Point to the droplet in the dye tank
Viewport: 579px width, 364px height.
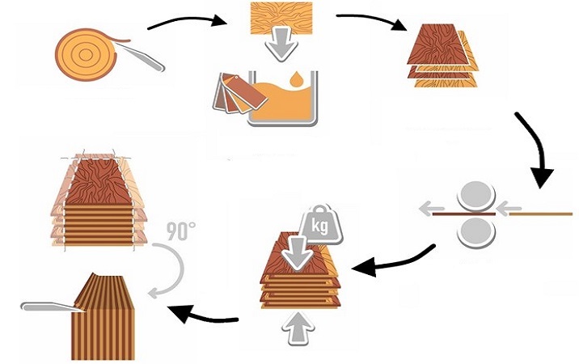pyautogui.click(x=300, y=82)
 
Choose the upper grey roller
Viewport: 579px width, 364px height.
pyautogui.click(x=476, y=197)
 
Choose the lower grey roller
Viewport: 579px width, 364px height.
pyautogui.click(x=476, y=231)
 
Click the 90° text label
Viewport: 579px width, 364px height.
pyautogui.click(x=180, y=231)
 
